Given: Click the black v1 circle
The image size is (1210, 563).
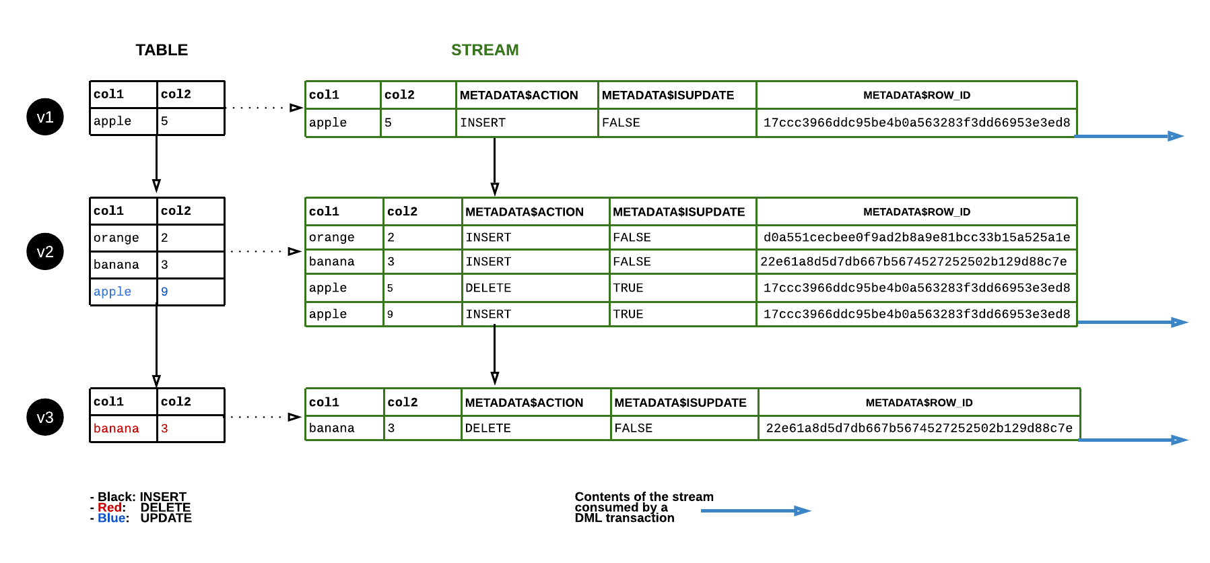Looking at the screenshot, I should [x=45, y=117].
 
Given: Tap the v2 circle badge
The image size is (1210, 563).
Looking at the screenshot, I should [x=45, y=252].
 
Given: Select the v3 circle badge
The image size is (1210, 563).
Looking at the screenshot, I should [x=45, y=418].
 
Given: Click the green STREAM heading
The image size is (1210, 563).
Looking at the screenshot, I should [x=485, y=50].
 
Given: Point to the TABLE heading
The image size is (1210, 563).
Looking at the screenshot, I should [x=162, y=50].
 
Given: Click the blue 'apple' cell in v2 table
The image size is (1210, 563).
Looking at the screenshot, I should [x=112, y=292].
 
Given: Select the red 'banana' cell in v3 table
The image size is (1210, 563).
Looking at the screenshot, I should [x=116, y=428].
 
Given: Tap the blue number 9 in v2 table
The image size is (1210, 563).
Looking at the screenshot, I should [x=164, y=292].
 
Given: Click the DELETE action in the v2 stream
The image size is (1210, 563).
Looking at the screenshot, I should [x=488, y=288].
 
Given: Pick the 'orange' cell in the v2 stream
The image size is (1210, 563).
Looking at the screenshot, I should [x=331, y=237].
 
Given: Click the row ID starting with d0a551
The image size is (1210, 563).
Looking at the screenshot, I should [x=916, y=237].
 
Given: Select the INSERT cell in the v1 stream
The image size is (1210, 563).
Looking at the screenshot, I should [x=483, y=123].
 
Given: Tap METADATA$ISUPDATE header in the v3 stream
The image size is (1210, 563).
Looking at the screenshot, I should [x=680, y=403].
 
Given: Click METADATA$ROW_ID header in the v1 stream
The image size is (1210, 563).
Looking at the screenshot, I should [x=916, y=96].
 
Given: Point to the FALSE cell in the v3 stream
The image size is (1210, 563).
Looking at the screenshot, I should [x=633, y=428].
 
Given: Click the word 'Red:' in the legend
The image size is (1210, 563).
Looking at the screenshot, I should [x=111, y=507].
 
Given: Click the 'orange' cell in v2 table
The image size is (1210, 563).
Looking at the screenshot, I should [x=116, y=238].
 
